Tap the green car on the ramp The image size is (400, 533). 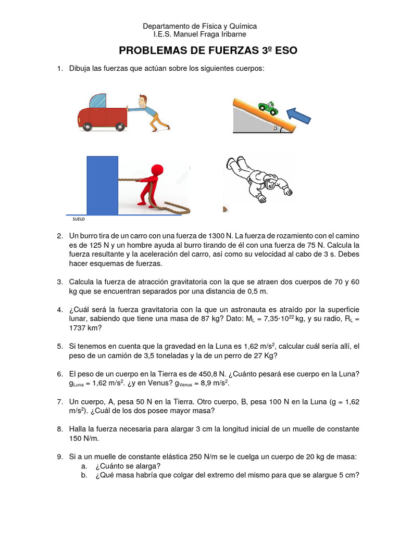coord(268,108)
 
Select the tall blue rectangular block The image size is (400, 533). coord(102,185)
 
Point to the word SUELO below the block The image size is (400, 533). coord(79,220)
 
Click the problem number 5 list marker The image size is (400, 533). coord(60,346)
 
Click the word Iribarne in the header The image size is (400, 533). coord(230,34)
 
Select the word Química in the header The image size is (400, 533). coord(240,26)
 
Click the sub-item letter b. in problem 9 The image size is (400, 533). coord(84,475)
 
